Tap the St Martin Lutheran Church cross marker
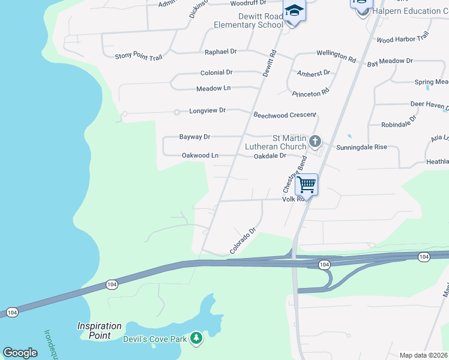point(315,142)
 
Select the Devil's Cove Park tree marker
point(196,339)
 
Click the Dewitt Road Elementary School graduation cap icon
point(294,11)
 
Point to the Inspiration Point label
point(99,331)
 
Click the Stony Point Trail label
point(139,57)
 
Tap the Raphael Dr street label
point(220,52)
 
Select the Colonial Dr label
point(216,73)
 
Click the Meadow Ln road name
point(213,88)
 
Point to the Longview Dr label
point(207,110)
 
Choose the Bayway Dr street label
point(194,137)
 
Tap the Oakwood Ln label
point(200,155)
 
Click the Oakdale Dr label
point(270,155)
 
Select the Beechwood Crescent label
point(285,114)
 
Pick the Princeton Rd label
point(311,92)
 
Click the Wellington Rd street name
point(336,56)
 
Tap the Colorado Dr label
point(243,241)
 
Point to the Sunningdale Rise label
point(361,146)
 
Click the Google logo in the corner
point(20,353)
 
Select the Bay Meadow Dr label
point(390,61)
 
